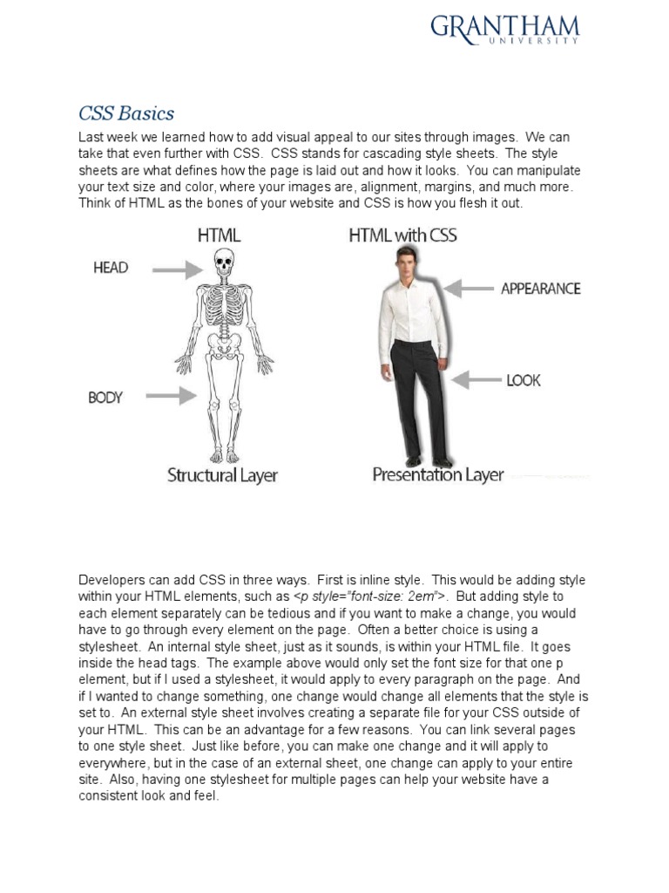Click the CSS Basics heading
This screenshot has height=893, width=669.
[126, 113]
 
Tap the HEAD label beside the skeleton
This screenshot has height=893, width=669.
[111, 268]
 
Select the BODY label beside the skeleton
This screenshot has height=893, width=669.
[105, 398]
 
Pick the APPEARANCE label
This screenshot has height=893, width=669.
[540, 289]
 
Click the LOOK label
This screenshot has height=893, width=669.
[523, 380]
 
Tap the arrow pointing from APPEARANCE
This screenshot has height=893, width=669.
[468, 288]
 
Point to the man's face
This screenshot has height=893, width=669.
[403, 259]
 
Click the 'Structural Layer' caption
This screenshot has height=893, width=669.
[222, 475]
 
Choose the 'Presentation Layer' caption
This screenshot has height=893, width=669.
[438, 475]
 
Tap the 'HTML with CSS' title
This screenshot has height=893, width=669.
[402, 235]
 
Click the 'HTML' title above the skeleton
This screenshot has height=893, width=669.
[219, 235]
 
